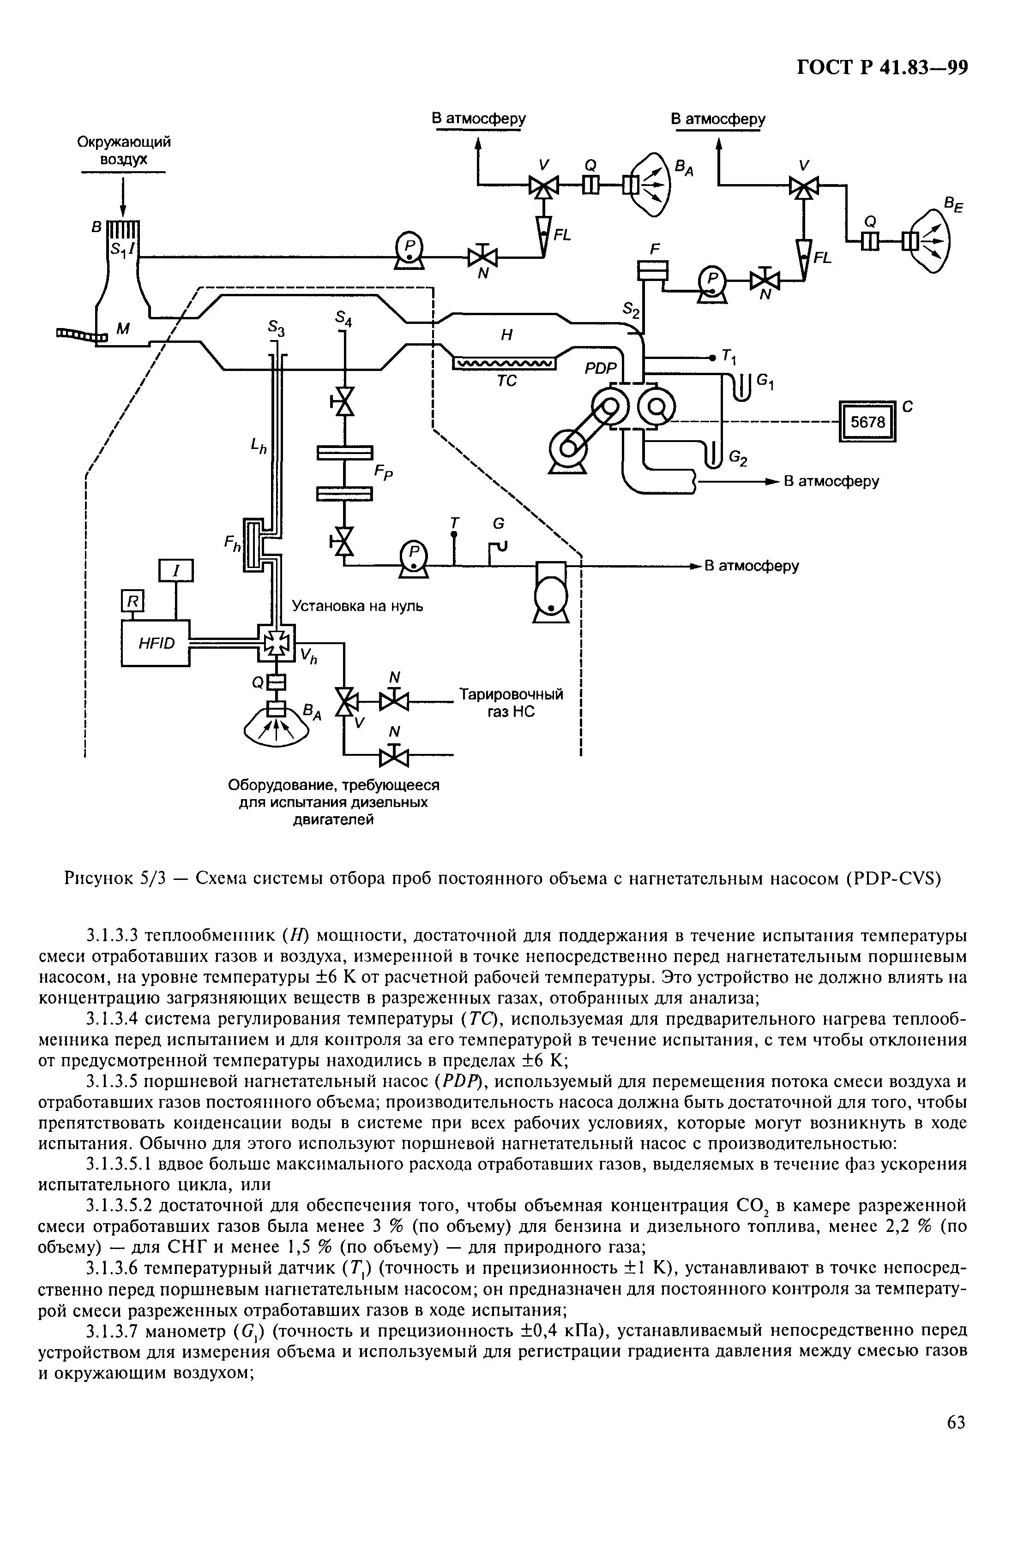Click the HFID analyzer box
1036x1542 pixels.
pos(156,643)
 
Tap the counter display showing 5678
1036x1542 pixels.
pos(866,421)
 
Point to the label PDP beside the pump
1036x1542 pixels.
pos(599,369)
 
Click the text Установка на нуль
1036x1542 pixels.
pos(357,605)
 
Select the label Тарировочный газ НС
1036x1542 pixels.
pos(511,703)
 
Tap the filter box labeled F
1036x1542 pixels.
pos(653,269)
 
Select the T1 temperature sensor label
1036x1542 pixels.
pos(729,357)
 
